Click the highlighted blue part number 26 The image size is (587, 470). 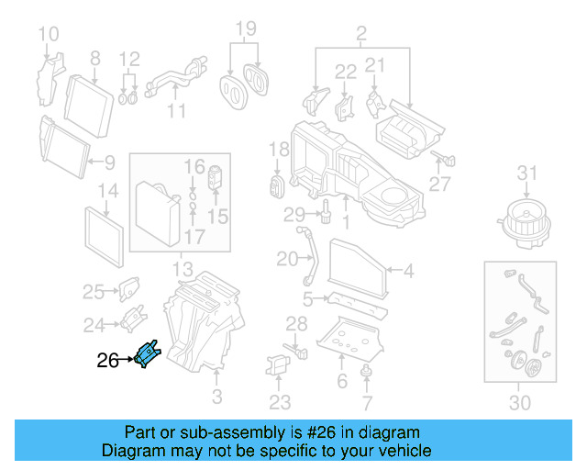coord(147,352)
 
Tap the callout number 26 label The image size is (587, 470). coord(107,361)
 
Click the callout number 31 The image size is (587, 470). coord(526,173)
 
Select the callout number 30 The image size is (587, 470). coord(519,402)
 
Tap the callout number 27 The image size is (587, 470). coord(440,184)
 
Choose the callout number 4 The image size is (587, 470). coord(408,271)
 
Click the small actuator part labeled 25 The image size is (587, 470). coord(127,287)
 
